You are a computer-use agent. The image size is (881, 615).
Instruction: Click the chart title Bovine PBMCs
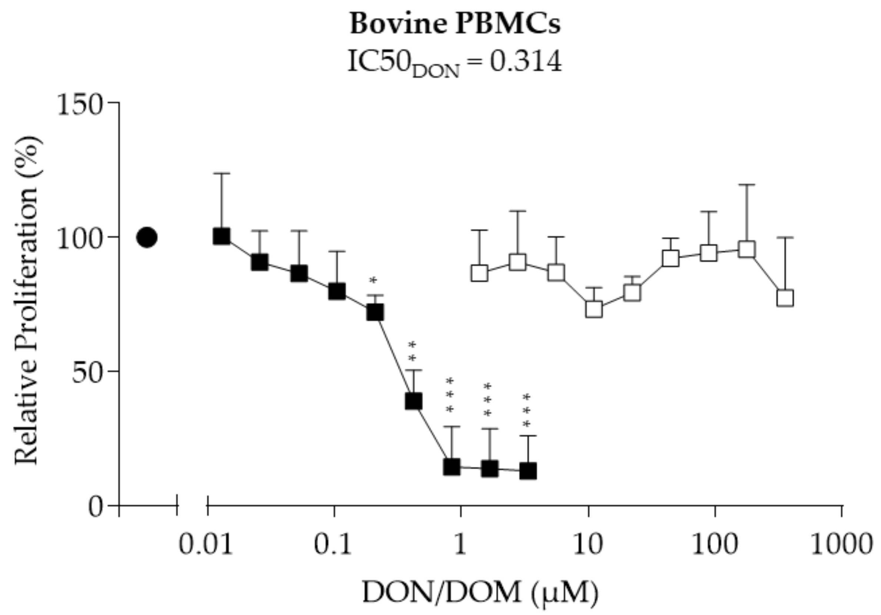coord(455,24)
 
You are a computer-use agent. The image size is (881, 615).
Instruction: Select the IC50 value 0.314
coord(526,61)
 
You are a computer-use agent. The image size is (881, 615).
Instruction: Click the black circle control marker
coord(147,238)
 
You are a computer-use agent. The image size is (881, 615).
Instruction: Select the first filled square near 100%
coord(222,236)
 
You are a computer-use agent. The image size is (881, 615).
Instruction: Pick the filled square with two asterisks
coord(414,401)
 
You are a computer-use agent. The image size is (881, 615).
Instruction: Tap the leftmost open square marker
coord(480,273)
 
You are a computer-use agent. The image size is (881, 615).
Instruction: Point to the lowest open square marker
coord(594,309)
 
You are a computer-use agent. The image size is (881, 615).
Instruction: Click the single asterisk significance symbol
coord(373,280)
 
